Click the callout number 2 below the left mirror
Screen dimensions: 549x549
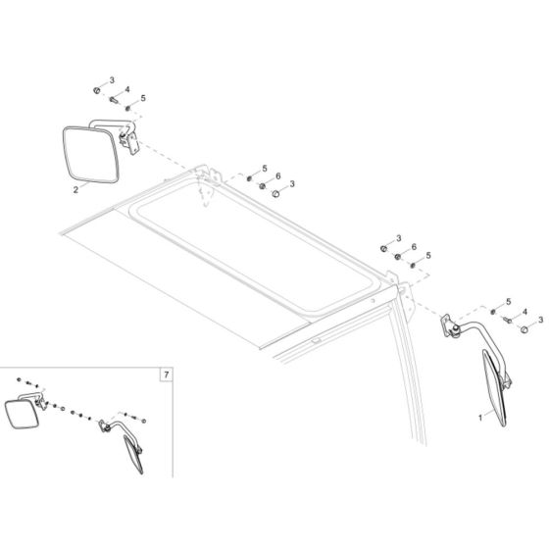(75, 190)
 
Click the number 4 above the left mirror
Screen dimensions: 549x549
(126, 90)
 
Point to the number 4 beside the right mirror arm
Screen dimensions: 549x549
(524, 312)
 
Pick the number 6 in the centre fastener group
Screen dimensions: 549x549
(278, 176)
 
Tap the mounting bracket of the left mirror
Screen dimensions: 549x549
(127, 141)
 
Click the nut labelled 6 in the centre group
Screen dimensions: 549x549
(263, 185)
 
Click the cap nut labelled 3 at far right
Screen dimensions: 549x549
(524, 330)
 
